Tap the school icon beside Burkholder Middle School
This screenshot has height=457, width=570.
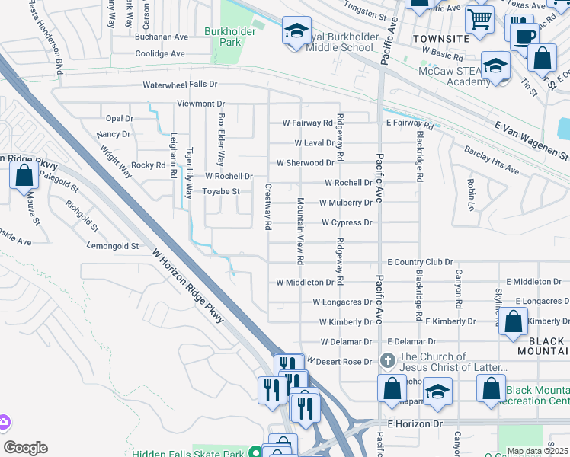296,32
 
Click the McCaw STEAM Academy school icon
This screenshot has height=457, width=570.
495,67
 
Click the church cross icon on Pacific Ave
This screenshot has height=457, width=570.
387,360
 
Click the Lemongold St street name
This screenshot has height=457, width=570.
114,246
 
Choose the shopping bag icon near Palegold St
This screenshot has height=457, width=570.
24,176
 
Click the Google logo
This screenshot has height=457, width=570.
25,448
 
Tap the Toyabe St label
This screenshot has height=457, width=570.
221,192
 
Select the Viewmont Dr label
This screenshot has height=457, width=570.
200,104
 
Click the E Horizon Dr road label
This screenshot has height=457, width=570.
415,423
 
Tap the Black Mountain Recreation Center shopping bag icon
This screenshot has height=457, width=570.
491,388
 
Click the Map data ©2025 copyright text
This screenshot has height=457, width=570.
538,451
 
